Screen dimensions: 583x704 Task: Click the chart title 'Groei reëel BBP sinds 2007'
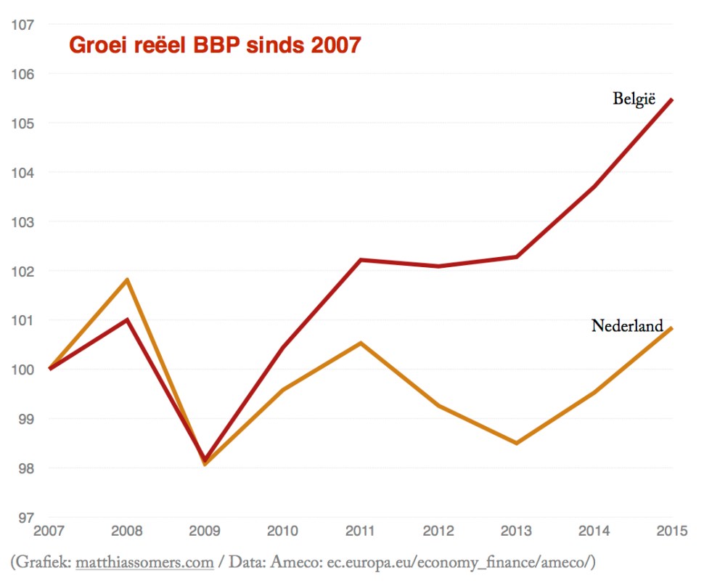click(x=214, y=45)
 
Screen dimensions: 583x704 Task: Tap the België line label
click(x=634, y=99)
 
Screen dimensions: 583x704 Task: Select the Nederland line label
click(x=627, y=325)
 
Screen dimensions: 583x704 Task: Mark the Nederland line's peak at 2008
click(x=127, y=280)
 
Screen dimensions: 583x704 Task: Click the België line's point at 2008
click(x=127, y=319)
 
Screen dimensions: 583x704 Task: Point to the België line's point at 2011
click(x=361, y=260)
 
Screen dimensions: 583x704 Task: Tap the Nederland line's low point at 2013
click(x=517, y=443)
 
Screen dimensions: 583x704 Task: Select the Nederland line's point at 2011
click(x=361, y=343)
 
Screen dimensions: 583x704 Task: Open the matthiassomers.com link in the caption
click(x=144, y=563)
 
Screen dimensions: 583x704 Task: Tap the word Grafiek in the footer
click(x=43, y=563)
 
